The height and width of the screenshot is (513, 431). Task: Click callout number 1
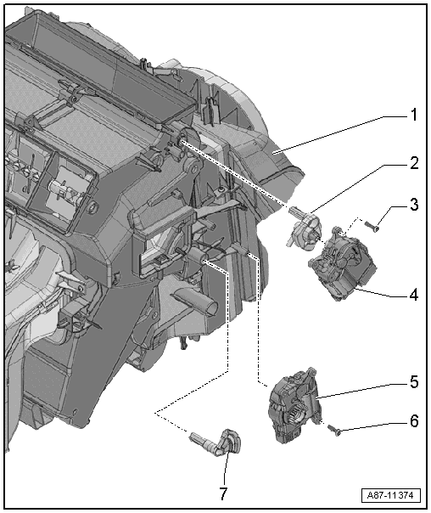414,115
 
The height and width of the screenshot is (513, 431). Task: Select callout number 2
414,163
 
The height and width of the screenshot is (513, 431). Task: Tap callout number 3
414,205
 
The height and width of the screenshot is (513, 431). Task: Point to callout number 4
414,295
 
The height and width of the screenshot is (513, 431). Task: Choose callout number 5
414,382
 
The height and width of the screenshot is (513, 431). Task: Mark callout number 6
414,421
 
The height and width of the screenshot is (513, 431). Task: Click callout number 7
223,493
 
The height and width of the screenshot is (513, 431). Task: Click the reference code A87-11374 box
391,495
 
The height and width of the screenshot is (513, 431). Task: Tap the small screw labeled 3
372,226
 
